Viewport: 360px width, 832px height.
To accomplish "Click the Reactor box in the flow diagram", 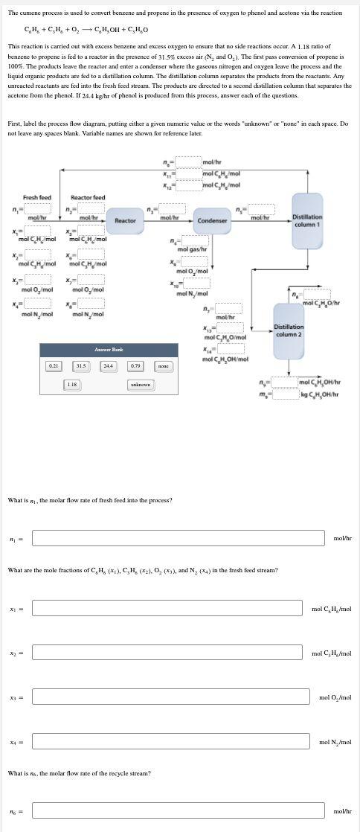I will [125, 220].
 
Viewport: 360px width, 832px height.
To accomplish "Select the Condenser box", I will [211, 220].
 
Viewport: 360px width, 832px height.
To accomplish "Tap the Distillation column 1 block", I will [307, 220].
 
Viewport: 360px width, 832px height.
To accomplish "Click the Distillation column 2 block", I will [288, 330].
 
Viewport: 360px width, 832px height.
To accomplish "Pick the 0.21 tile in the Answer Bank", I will [54, 365].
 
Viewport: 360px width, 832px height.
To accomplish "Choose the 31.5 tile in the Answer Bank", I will [81, 365].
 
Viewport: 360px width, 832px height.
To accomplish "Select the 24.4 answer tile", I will [109, 365].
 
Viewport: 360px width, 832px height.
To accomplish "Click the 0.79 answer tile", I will [135, 365].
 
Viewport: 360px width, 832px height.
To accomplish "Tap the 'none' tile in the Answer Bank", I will [163, 365].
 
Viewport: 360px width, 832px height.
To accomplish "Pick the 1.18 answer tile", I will [72, 384].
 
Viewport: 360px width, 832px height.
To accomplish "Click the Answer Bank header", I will [109, 349].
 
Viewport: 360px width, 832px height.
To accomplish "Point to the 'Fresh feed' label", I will [37, 197].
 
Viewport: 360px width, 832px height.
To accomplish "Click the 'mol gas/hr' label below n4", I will [193, 249].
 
